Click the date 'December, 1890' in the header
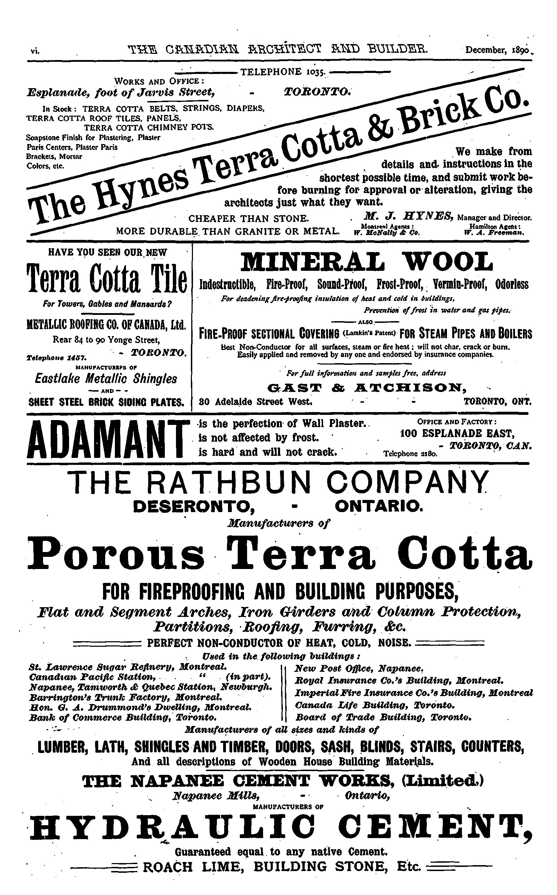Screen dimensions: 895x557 coord(497,49)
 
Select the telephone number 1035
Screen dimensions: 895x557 coord(282,72)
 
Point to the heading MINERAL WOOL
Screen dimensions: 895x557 coord(366,262)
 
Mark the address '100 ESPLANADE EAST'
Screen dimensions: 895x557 coord(457,433)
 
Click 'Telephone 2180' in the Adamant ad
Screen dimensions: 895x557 coord(411,454)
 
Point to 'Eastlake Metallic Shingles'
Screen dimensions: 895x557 coord(106,378)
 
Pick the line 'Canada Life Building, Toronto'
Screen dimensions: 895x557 coord(374,705)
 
